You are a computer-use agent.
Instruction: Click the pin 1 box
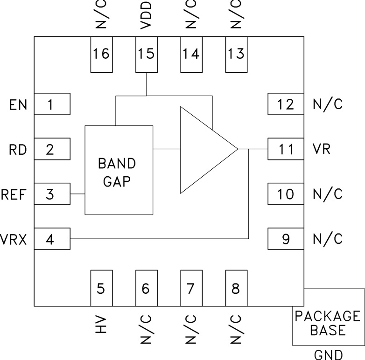click(x=52, y=104)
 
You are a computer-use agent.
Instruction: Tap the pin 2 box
click(x=52, y=149)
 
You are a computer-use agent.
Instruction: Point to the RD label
click(x=18, y=150)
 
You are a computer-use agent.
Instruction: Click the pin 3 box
click(x=52, y=194)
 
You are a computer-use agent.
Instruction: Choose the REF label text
click(x=14, y=194)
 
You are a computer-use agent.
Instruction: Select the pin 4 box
click(x=52, y=239)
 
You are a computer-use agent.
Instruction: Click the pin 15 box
click(x=147, y=55)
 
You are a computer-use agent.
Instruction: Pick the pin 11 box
click(x=286, y=149)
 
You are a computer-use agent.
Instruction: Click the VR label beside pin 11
click(x=322, y=149)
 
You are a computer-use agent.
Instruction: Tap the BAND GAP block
click(x=119, y=170)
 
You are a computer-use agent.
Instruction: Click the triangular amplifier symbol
click(x=203, y=149)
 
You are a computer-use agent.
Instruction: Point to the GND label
click(x=328, y=354)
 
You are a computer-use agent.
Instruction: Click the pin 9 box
click(x=286, y=239)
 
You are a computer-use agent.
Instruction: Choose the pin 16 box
click(x=101, y=55)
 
